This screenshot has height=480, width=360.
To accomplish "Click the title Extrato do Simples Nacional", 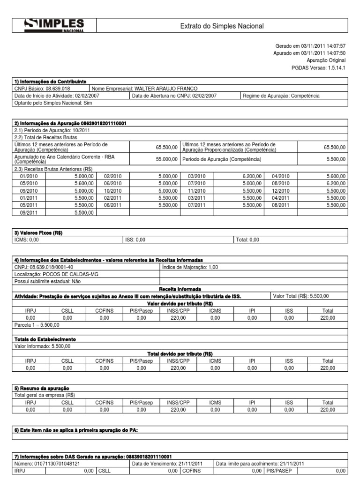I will click(x=222, y=26).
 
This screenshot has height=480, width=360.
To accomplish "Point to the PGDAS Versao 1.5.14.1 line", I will click(x=318, y=68).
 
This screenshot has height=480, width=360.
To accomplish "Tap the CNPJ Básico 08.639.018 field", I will click(x=43, y=89).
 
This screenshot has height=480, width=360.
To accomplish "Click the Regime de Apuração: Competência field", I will click(x=281, y=96).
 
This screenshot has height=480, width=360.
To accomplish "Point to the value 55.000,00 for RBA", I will click(x=167, y=159).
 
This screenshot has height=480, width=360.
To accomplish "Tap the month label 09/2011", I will click(x=29, y=212).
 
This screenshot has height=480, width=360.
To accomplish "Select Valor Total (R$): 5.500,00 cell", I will click(x=300, y=296).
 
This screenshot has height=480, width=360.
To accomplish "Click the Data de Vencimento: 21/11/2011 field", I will click(x=167, y=464).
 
